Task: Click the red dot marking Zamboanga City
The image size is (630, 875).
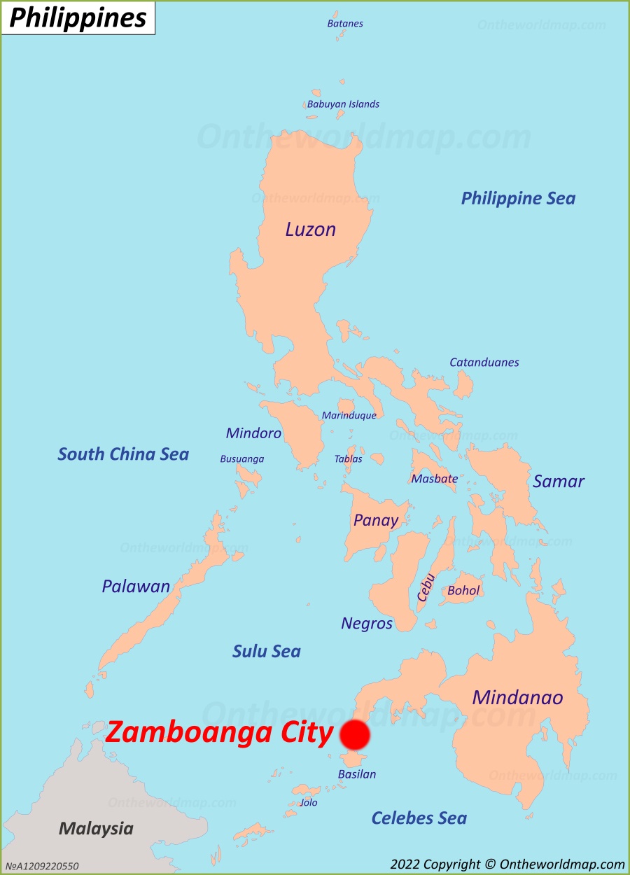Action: (x=354, y=735)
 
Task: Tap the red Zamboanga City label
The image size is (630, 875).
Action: (x=219, y=733)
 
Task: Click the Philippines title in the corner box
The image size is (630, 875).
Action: (x=78, y=18)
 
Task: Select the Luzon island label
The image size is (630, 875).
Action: (x=310, y=229)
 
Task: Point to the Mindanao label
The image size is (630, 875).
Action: (x=517, y=697)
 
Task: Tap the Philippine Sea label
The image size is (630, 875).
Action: (x=518, y=198)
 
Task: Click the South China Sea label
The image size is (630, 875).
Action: (x=123, y=454)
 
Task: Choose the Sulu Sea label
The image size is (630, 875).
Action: (x=266, y=651)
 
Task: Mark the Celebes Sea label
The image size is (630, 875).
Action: (x=419, y=818)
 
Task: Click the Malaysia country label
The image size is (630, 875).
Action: (x=96, y=829)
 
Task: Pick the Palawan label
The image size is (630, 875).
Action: (x=136, y=586)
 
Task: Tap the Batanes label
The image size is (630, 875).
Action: (x=345, y=23)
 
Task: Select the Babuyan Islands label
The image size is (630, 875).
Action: (x=343, y=104)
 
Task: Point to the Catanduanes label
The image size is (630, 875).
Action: (x=484, y=362)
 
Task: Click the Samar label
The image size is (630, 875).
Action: (x=558, y=481)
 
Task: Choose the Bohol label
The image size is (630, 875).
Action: (x=463, y=590)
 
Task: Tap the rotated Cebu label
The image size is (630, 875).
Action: (x=426, y=587)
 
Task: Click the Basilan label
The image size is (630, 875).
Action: (x=357, y=774)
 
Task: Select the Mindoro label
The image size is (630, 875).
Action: (x=253, y=433)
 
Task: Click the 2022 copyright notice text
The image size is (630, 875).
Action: (x=507, y=864)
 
